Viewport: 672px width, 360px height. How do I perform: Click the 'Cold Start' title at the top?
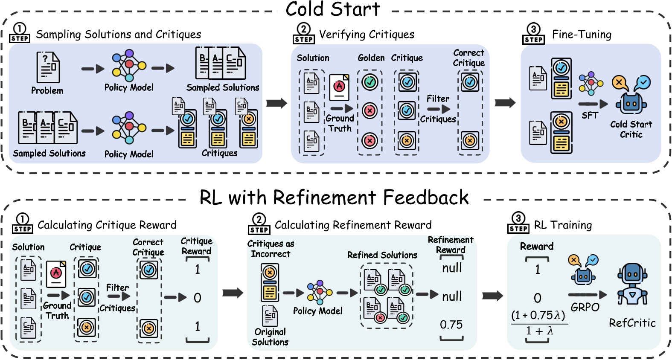click(332, 9)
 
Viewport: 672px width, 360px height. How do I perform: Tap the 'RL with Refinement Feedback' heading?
click(334, 197)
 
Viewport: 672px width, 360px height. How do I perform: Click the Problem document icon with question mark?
click(48, 67)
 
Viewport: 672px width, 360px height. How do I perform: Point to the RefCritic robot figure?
click(632, 284)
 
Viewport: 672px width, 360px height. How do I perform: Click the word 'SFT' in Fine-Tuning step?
click(590, 116)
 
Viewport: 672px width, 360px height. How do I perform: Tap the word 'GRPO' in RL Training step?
click(585, 307)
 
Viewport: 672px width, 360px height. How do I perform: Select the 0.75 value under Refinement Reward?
click(451, 325)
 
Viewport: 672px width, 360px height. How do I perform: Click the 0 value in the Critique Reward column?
click(197, 298)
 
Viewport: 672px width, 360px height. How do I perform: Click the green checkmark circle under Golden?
click(370, 82)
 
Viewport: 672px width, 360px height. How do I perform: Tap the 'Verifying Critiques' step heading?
click(367, 35)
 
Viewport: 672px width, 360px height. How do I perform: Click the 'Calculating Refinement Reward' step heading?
click(353, 225)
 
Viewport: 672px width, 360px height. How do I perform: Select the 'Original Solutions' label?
click(270, 337)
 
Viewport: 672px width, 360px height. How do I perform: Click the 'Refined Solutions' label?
click(382, 255)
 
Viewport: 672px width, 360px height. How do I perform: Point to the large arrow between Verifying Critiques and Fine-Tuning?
click(505, 103)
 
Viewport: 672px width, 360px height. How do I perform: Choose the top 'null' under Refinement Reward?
click(452, 268)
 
